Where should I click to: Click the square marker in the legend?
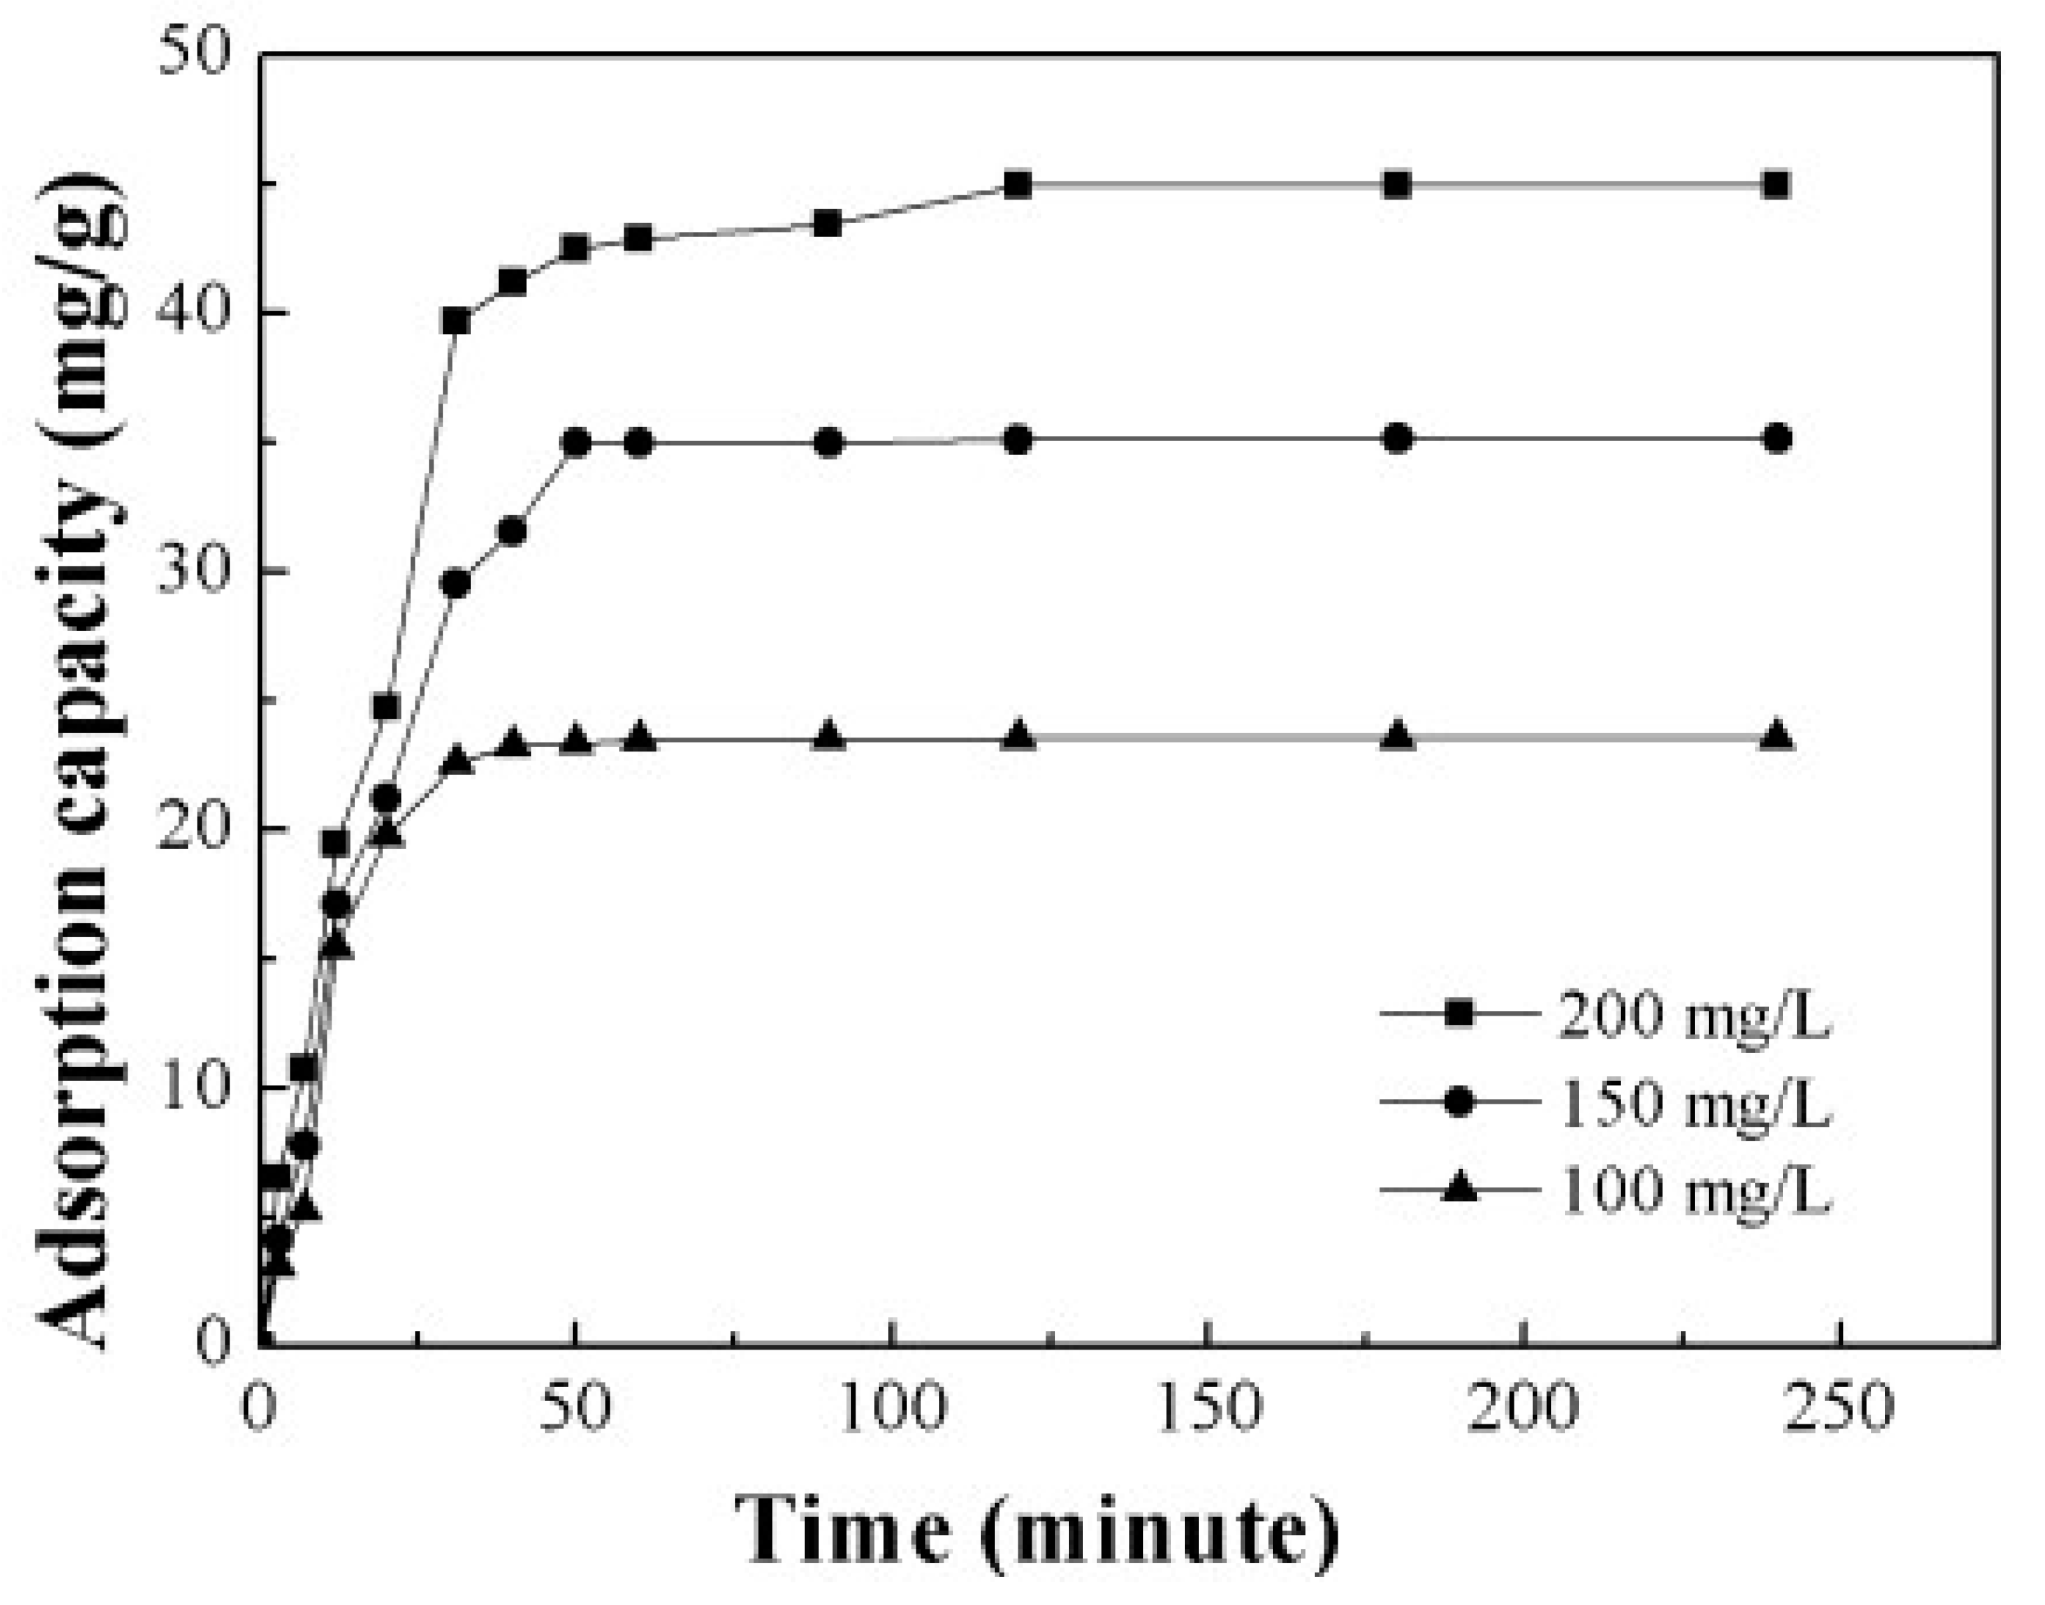click(1459, 1014)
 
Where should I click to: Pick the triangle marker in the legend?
click(1459, 1189)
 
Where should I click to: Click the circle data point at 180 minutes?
click(1399, 438)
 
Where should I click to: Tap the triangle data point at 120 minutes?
click(1018, 737)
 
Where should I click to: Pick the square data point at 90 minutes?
click(828, 224)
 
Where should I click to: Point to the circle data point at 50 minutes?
click(577, 443)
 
